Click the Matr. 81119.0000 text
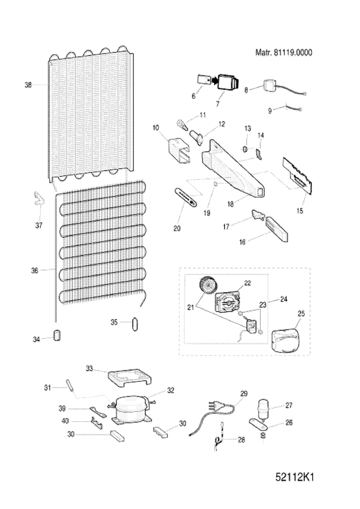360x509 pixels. click(284, 52)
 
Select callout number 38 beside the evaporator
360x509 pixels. click(28, 86)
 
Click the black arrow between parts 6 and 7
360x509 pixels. click(215, 80)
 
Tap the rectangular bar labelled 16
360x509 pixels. click(277, 229)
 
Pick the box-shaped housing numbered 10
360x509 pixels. click(179, 151)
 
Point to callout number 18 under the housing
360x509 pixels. click(230, 204)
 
